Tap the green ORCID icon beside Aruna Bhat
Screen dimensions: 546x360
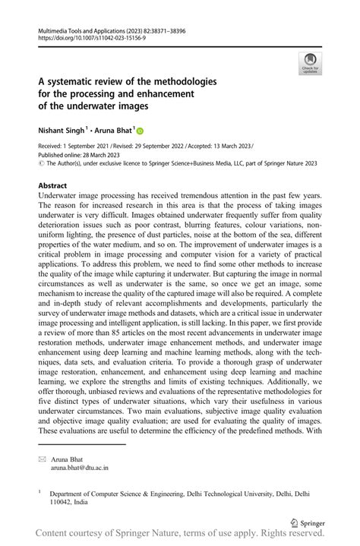point(140,131)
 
